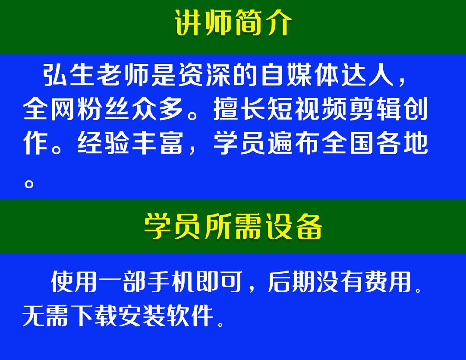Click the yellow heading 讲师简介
tap(233, 22)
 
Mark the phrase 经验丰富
tap(130, 143)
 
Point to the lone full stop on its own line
tap(29, 184)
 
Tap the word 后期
tap(291, 281)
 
